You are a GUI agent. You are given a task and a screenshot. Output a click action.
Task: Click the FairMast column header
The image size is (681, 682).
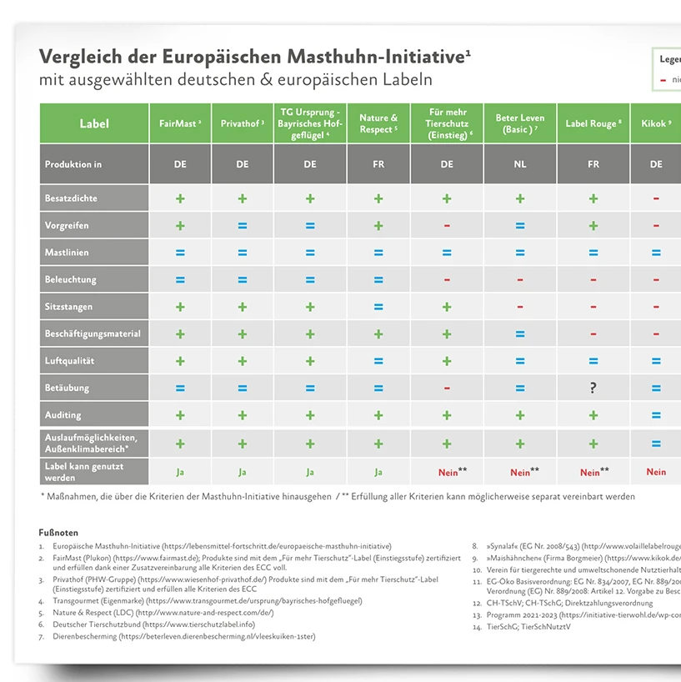(x=180, y=123)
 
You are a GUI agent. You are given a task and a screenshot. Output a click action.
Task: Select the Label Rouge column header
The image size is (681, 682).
(x=593, y=123)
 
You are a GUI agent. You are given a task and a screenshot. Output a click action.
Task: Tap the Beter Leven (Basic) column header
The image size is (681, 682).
(x=519, y=123)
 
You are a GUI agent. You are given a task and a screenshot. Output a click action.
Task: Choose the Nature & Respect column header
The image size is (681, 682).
(x=378, y=123)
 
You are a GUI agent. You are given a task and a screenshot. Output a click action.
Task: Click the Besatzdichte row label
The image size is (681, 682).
(x=71, y=198)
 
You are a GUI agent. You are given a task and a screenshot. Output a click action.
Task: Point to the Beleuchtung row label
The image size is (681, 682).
(x=71, y=279)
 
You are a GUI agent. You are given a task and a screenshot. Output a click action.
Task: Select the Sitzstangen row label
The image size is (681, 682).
(x=69, y=307)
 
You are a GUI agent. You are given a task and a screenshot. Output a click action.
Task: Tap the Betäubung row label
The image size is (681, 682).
(x=68, y=388)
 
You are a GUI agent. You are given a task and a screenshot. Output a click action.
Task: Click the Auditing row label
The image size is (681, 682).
(x=63, y=415)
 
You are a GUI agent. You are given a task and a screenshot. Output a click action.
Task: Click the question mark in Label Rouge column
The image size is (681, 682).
(x=593, y=388)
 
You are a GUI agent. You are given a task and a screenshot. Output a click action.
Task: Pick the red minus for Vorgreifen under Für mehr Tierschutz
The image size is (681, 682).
(x=447, y=226)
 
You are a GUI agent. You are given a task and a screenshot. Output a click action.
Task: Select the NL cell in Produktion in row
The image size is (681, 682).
(x=519, y=164)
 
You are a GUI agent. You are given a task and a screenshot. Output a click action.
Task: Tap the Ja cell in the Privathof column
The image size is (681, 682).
(x=243, y=472)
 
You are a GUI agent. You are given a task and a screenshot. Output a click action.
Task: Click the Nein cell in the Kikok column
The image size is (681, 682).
(x=656, y=472)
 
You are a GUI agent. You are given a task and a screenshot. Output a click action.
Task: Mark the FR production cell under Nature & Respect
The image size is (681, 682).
(x=378, y=164)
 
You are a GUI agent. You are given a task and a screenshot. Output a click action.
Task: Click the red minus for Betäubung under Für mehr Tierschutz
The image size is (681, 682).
(x=447, y=388)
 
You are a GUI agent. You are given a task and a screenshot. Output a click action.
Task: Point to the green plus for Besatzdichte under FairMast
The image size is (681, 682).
(x=180, y=198)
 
